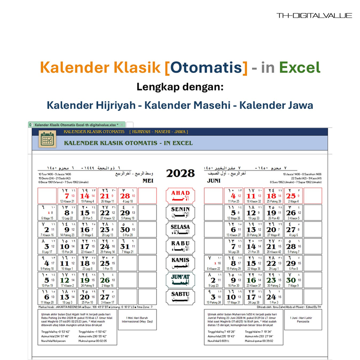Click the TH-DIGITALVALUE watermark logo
point(314,16)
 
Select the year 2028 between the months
point(180,173)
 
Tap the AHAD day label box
point(180,195)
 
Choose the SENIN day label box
point(180,212)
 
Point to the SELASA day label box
point(180,229)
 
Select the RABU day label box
point(180,246)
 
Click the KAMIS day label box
point(180,263)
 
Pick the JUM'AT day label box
point(180,280)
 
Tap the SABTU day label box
point(180,297)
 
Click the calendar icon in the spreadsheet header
point(47,139)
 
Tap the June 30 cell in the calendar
point(292,280)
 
